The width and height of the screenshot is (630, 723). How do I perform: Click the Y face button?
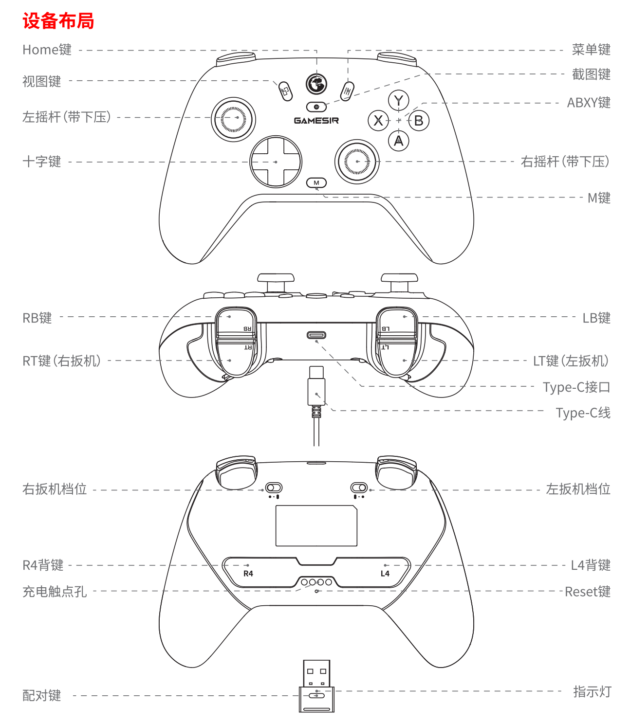(398, 100)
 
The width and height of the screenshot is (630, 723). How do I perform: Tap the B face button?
(419, 121)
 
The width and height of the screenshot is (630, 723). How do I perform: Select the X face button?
(378, 121)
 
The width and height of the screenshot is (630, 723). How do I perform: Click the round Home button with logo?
(316, 84)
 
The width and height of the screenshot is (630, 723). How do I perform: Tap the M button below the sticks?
(316, 182)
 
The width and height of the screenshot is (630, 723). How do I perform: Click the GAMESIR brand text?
(316, 121)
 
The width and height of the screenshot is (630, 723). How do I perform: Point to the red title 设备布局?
(58, 20)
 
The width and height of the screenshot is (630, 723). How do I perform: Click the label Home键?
(47, 50)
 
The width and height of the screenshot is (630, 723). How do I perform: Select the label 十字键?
(42, 162)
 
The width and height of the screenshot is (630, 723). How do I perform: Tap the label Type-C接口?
(576, 387)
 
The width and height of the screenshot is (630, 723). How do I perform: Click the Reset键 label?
(588, 592)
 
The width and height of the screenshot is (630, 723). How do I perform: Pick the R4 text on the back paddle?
(248, 574)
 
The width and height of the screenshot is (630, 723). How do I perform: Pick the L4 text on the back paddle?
(385, 574)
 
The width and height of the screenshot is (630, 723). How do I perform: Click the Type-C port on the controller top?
(316, 335)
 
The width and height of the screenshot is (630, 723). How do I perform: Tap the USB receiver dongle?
(316, 686)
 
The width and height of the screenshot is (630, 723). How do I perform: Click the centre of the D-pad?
(276, 162)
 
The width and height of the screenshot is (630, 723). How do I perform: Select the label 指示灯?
(592, 691)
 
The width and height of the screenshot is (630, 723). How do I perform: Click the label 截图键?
(592, 74)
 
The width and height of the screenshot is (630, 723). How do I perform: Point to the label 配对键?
(42, 695)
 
